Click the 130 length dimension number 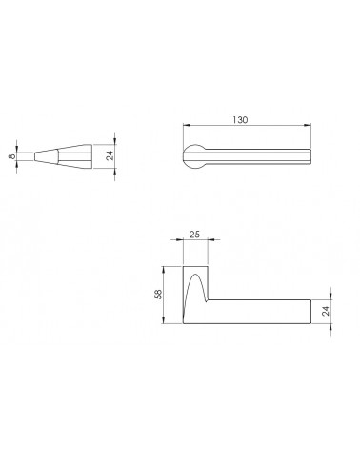click(240, 120)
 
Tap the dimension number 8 click(12, 156)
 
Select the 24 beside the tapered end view click(110, 155)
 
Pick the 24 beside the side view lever click(326, 311)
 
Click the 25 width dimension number click(194, 235)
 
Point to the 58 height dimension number click(158, 295)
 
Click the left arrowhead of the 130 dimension click(187, 125)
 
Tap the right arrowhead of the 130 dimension click(308, 125)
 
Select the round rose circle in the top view click(193, 157)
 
